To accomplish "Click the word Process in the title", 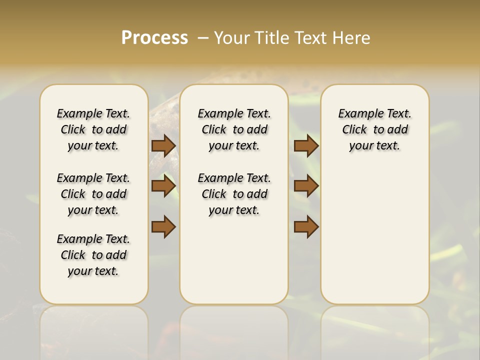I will tap(154, 37).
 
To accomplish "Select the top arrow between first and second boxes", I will tap(163, 145).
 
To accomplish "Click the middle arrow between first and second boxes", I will tap(163, 186).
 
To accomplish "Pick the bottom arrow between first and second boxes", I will tap(163, 226).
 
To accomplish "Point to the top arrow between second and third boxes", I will tap(306, 145).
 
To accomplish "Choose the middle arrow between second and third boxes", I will tap(306, 186).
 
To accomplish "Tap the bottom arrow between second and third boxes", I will tap(306, 226).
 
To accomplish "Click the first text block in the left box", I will tap(93, 129).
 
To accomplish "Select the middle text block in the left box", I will tap(93, 194).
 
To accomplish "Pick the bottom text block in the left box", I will tap(93, 255).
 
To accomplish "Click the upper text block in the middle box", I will tap(234, 129).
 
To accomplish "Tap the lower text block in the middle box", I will tap(234, 194).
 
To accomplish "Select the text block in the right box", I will tap(375, 129).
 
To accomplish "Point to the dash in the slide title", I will tap(203, 37).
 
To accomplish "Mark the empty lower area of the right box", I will tap(375, 235).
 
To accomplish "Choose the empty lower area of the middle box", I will tap(234, 260).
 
